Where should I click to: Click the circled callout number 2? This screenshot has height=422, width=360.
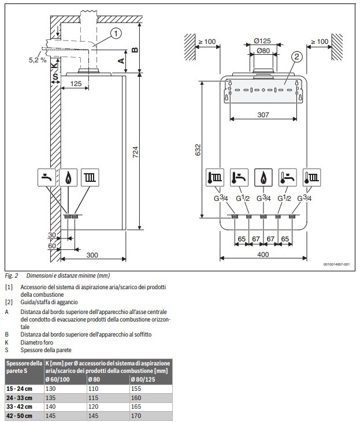pyautogui.click(x=296, y=57)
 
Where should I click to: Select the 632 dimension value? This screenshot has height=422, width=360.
pyautogui.click(x=199, y=151)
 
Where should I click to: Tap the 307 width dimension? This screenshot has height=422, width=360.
pyautogui.click(x=263, y=115)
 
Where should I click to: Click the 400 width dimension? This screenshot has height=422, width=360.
pyautogui.click(x=263, y=255)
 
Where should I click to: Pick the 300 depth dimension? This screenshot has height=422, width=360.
pyautogui.click(x=92, y=255)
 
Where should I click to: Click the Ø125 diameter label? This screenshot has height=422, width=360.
pyautogui.click(x=263, y=41)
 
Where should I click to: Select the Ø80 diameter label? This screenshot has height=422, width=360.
pyautogui.click(x=263, y=51)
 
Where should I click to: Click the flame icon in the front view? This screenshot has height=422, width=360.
pyautogui.click(x=263, y=177)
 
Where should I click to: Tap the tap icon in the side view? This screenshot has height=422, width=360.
pyautogui.click(x=47, y=177)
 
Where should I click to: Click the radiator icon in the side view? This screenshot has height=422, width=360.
pyautogui.click(x=90, y=177)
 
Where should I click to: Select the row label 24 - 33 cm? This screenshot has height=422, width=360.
pyautogui.click(x=20, y=398)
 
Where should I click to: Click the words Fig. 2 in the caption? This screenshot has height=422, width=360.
pyautogui.click(x=12, y=275)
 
